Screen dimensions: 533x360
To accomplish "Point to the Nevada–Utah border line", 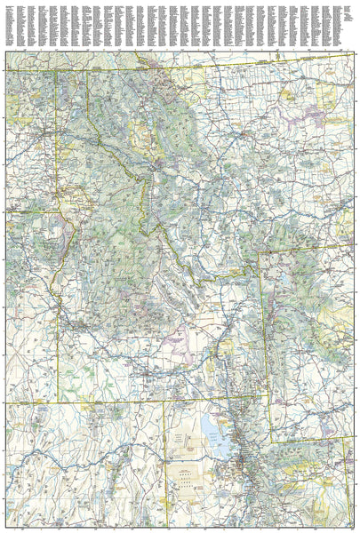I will pos(167,462).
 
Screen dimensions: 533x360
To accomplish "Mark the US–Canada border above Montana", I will pos(222,65).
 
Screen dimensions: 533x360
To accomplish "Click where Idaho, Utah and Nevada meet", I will pos(167,402).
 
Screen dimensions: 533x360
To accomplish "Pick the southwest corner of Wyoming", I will pos(271,442).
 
